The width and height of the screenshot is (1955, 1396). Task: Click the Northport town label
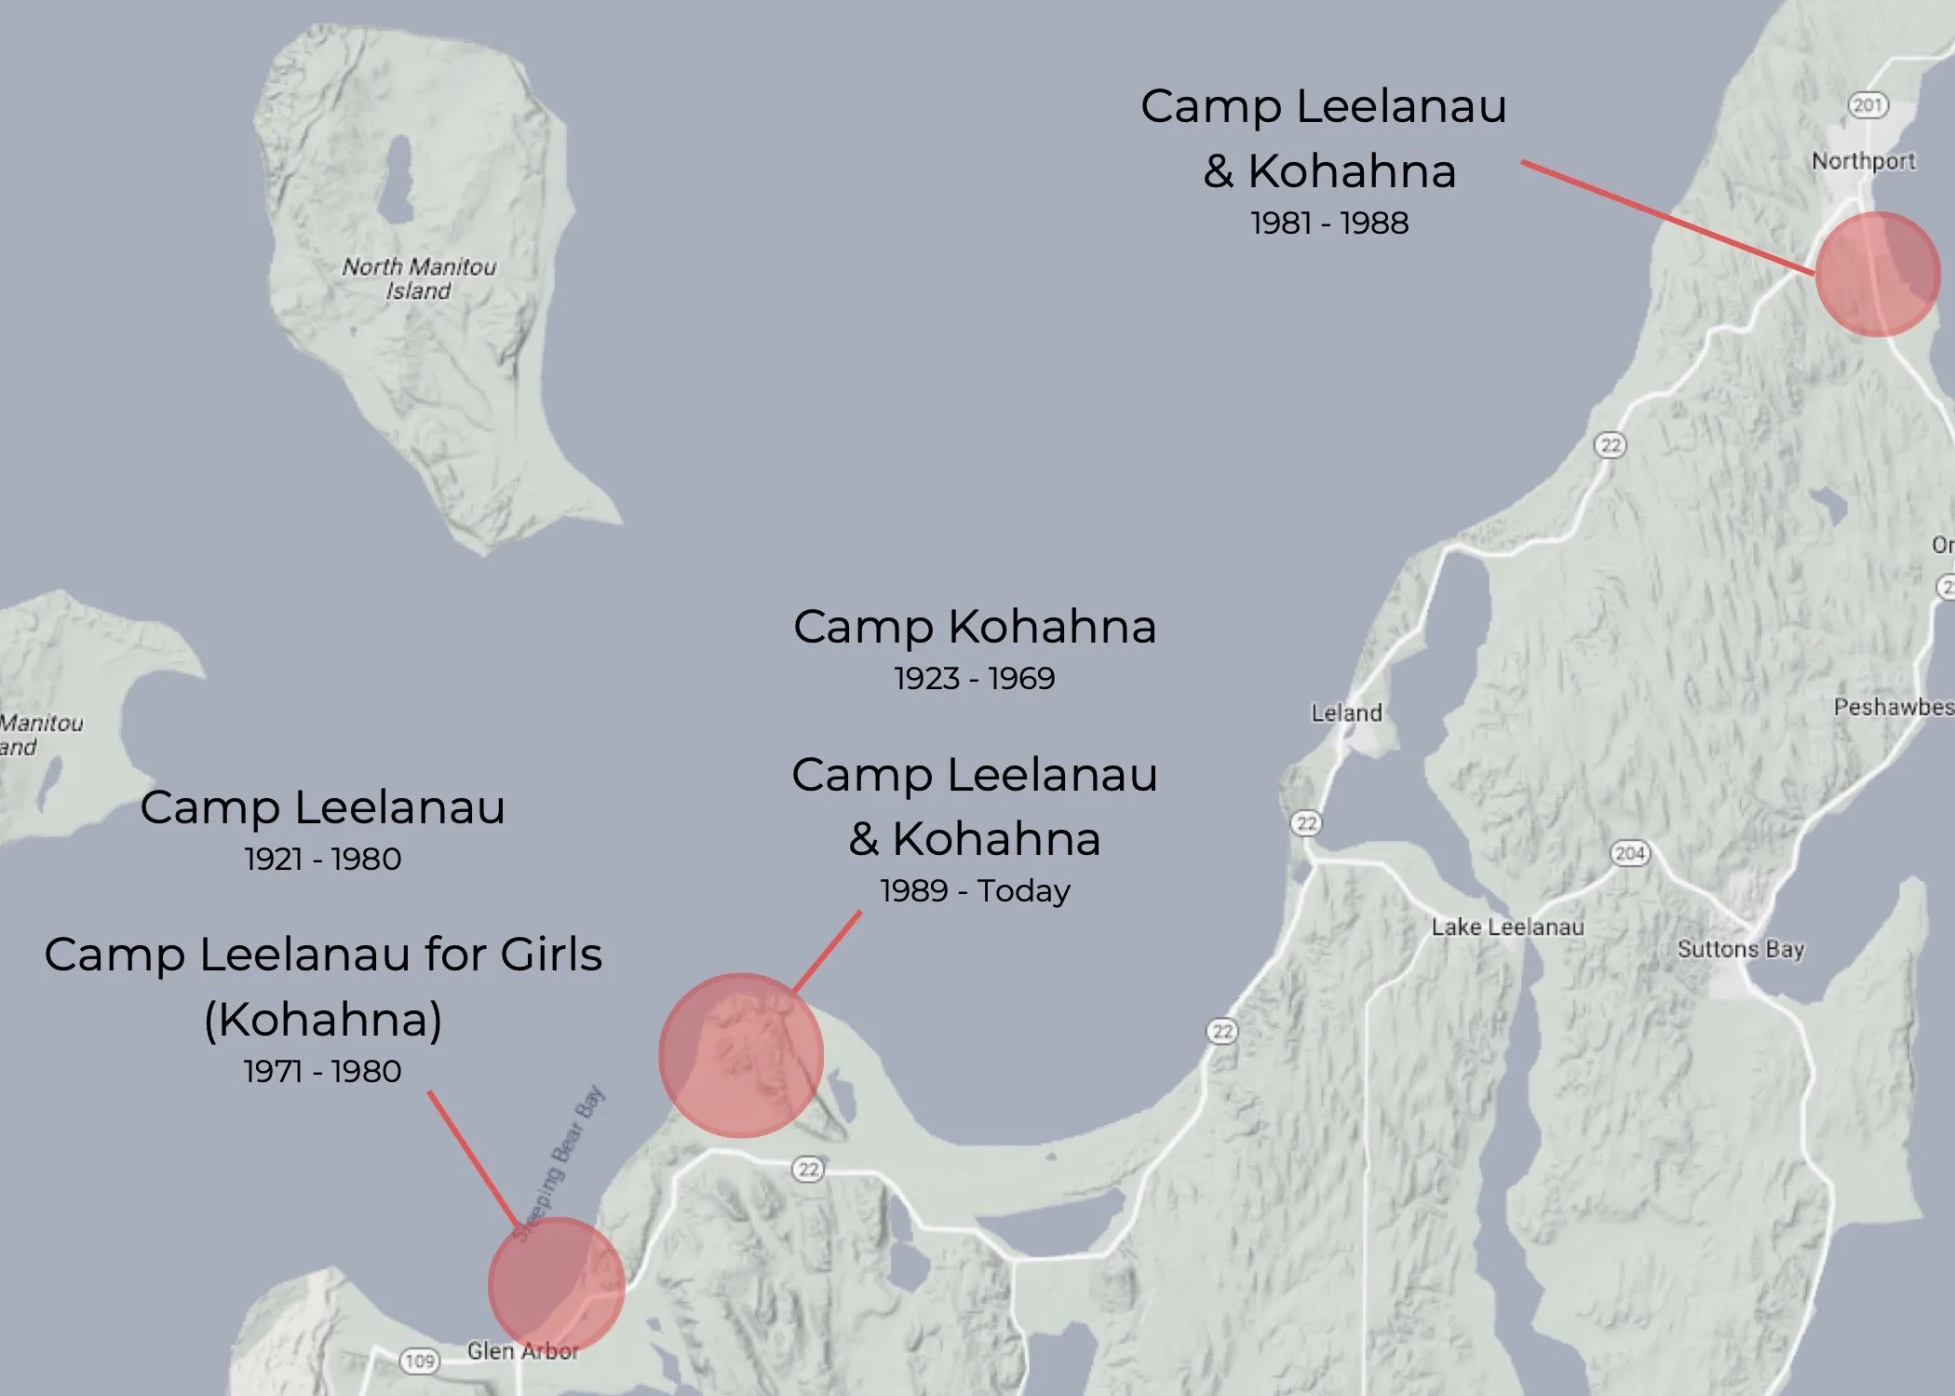pos(1863,161)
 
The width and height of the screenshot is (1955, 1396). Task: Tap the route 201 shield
pos(1867,105)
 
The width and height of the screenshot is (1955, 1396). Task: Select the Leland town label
pos(1346,713)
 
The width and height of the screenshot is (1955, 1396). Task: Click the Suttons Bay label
pos(1741,949)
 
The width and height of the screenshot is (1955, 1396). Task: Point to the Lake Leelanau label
pos(1507,927)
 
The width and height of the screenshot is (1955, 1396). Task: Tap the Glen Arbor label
pos(523,1350)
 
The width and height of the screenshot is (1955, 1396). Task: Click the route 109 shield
pos(420,1361)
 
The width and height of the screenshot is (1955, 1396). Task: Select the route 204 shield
pos(1629,853)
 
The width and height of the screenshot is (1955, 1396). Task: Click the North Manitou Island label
pos(419,278)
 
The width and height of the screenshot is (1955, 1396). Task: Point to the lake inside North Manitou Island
pos(398,177)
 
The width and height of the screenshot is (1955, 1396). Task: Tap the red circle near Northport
pos(1878,274)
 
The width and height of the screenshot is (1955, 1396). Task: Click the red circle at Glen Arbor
pos(556,1285)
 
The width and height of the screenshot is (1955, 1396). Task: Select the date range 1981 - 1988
pos(1328,224)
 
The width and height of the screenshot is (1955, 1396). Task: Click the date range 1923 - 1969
pos(974,678)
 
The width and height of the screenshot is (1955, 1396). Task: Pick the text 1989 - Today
pos(975,891)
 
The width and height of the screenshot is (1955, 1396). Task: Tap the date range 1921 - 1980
pos(322,859)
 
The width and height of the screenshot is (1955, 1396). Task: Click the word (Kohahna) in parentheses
pos(322,1019)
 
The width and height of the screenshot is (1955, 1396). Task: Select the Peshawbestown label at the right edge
pos(1893,707)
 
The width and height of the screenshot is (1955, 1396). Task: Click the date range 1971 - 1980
pos(322,1071)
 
